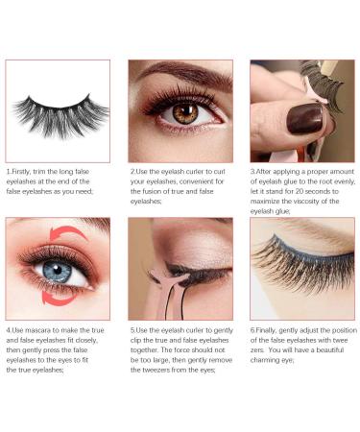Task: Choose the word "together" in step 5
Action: coord(145,351)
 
